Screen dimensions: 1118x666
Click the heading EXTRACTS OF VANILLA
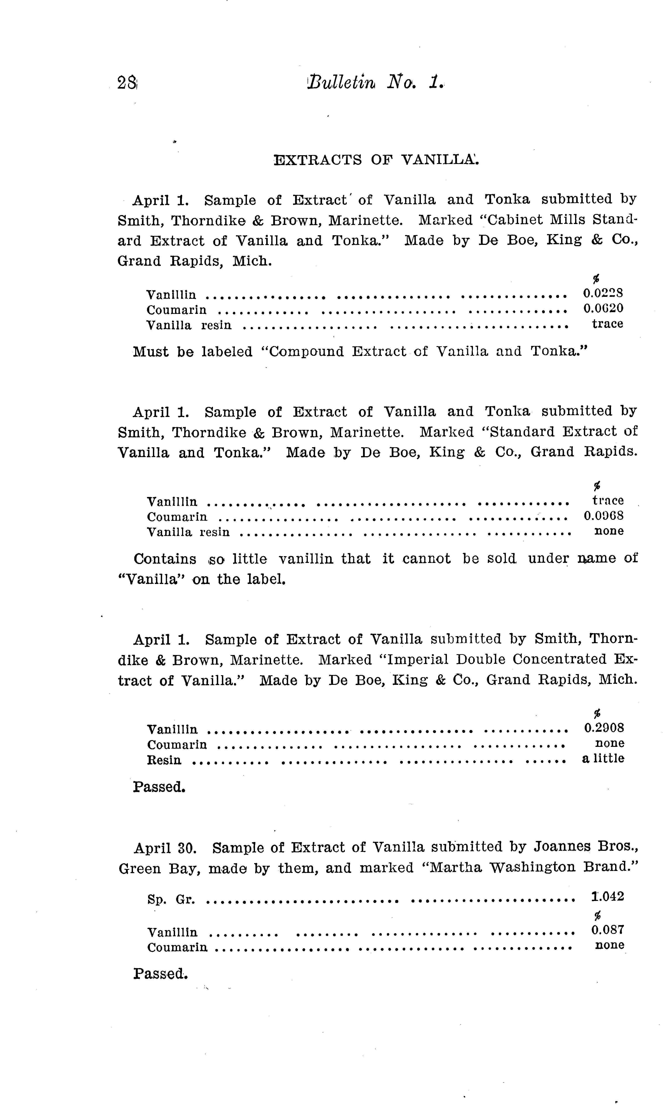click(x=376, y=160)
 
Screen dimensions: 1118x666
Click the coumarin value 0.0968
click(x=603, y=516)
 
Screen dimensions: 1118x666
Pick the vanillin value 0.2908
click(x=604, y=728)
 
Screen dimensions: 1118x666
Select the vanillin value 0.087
click(x=607, y=930)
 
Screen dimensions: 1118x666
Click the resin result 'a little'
click(x=603, y=758)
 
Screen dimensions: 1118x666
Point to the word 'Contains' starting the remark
click(x=165, y=559)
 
